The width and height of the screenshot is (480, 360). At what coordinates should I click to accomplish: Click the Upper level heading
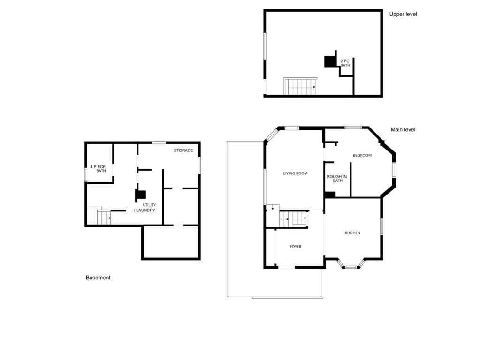403,14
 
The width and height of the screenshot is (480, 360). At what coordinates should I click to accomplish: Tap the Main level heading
403,129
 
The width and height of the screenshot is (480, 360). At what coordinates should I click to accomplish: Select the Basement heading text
98,277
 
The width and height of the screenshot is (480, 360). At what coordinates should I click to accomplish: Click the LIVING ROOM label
295,173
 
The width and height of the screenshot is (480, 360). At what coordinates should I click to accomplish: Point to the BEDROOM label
362,155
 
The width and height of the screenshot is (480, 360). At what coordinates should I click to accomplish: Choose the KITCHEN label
352,233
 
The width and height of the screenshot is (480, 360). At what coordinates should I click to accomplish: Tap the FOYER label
295,246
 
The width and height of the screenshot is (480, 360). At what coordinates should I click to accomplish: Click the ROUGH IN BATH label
337,179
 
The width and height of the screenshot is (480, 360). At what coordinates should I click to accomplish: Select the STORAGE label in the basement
183,150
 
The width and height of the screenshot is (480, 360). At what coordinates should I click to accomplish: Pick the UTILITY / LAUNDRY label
145,208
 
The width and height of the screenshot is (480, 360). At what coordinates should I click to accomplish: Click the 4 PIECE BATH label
99,169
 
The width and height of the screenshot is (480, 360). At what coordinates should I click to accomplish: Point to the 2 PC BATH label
345,63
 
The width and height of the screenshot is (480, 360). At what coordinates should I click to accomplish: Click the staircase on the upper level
300,87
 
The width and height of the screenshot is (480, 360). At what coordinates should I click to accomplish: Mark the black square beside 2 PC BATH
330,62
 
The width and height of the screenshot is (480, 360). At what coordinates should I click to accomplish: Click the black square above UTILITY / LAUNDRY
140,195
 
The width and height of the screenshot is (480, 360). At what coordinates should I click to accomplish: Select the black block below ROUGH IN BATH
330,195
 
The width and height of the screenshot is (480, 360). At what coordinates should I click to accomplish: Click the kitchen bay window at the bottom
351,267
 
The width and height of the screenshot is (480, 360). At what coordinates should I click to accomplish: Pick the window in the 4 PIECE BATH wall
86,174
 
